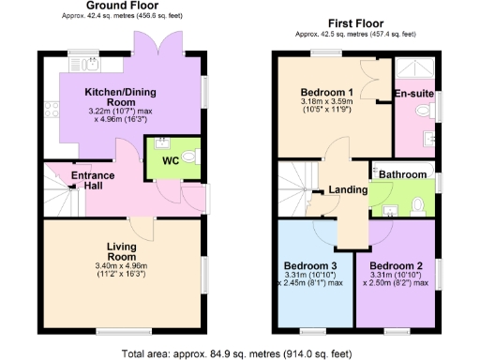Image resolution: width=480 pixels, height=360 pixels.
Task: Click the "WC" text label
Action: [x=170, y=161]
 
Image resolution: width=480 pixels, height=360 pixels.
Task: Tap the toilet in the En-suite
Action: [x=423, y=111]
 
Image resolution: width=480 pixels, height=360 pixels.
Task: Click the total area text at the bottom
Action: [x=240, y=352]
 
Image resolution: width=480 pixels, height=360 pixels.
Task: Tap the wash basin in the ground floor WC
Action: [x=160, y=144]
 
